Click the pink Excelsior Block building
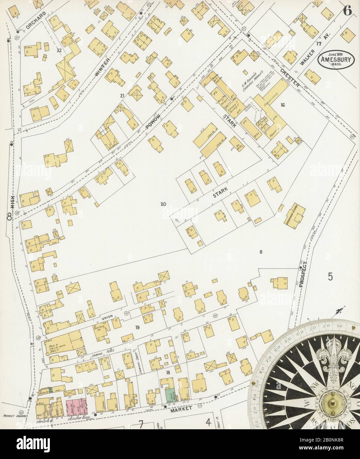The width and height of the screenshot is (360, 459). [76, 400]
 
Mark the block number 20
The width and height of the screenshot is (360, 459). [163, 204]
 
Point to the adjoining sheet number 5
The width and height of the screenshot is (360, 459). [330, 276]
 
